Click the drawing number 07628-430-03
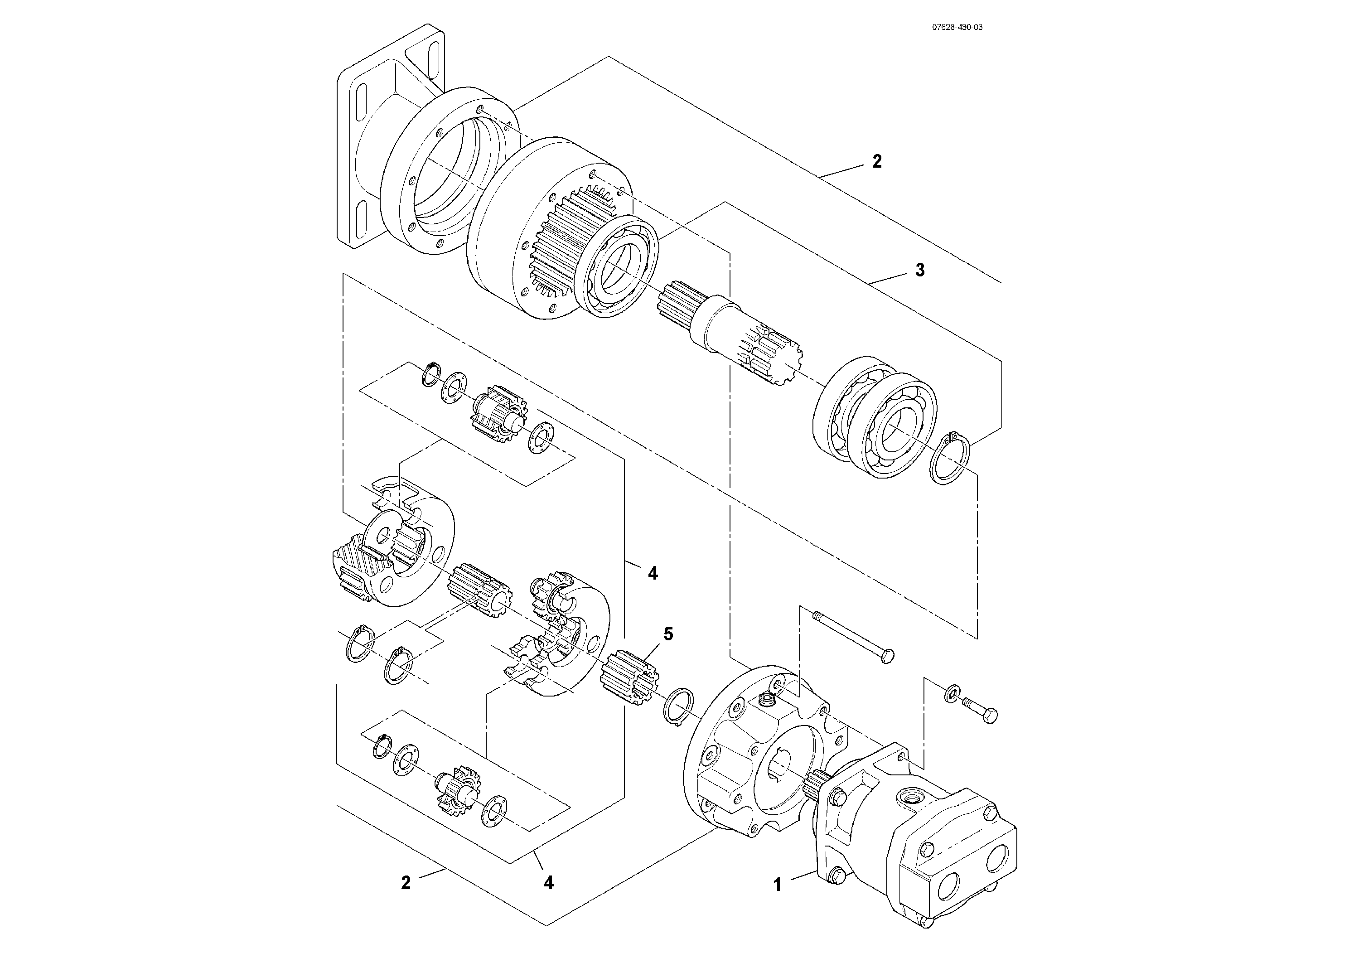click(x=957, y=27)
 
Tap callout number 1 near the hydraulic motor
click(x=777, y=884)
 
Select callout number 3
click(x=919, y=270)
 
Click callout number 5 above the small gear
click(x=668, y=634)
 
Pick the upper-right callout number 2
click(x=877, y=162)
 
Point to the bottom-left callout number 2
click(x=406, y=882)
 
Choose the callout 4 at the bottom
click(x=548, y=882)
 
